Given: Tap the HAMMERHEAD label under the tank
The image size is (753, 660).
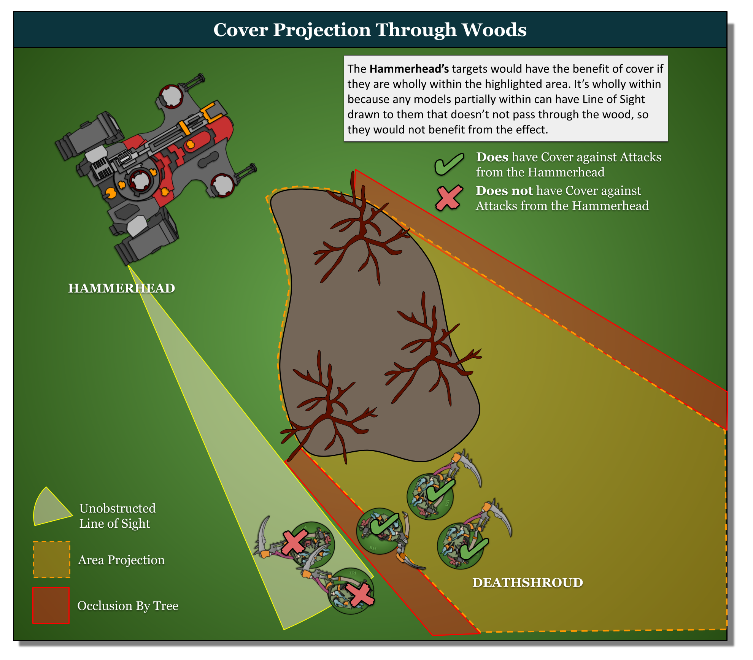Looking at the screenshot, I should [x=121, y=288].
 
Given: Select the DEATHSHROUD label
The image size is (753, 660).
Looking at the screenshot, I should [x=527, y=582].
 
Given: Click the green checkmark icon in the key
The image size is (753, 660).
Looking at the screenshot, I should [x=449, y=164].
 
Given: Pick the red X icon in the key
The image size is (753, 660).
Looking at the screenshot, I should [x=449, y=198].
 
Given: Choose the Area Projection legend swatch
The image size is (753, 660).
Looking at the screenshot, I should [x=52, y=560].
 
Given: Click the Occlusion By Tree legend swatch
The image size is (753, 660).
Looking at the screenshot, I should [x=51, y=605].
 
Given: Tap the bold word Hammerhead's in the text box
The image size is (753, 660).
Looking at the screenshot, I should [x=409, y=69].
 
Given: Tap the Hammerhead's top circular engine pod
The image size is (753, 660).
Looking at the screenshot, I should [x=170, y=96].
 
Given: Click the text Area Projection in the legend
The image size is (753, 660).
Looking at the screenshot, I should [x=121, y=560].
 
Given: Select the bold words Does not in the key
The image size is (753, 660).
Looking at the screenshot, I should [x=504, y=190].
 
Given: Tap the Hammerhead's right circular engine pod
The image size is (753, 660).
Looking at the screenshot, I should [x=222, y=185].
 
